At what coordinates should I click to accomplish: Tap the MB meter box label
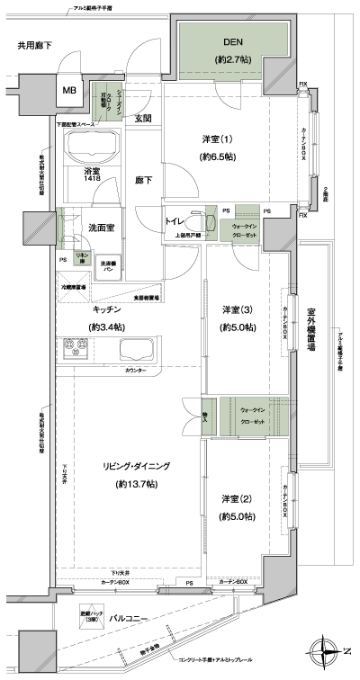pos(69,90)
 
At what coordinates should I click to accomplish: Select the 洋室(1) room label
pos(216,139)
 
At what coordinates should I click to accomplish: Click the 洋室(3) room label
pos(237,310)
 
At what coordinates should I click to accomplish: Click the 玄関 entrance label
pos(143,118)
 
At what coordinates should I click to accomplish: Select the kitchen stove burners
pos(76,348)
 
